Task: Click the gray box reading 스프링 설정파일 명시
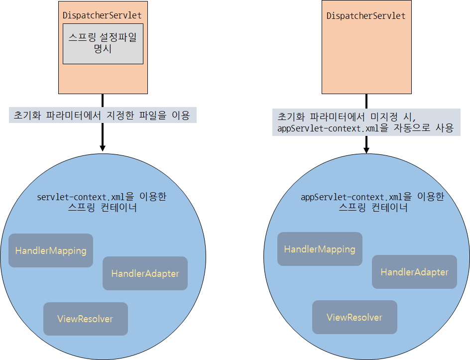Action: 103,43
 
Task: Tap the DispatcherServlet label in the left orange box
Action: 102,15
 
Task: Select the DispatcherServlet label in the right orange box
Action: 366,16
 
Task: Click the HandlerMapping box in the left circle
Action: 51,250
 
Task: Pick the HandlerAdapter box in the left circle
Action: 145,273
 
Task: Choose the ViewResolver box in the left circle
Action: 85,319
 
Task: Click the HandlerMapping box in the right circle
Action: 320,249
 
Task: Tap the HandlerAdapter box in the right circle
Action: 414,272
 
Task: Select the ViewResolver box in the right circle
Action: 354,317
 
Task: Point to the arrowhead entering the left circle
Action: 103,147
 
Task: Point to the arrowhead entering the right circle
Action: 366,149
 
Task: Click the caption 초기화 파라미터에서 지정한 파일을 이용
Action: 103,116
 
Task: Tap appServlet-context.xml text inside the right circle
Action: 345,197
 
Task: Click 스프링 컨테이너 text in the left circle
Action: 102,208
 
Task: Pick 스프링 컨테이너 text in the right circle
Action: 373,208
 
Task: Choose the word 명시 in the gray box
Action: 103,49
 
